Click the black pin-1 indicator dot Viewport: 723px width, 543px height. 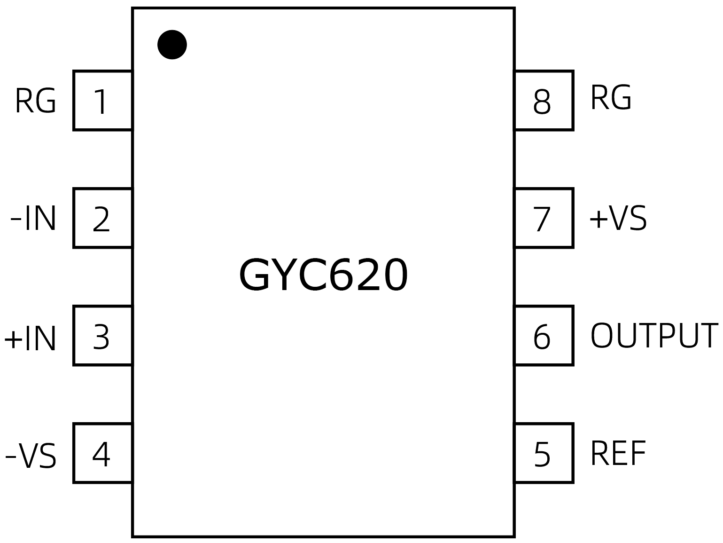point(172,45)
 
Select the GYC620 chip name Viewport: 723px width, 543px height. point(323,276)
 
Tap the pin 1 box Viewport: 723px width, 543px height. point(102,101)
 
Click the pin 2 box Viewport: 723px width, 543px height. point(102,218)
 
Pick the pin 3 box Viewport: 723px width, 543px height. point(102,336)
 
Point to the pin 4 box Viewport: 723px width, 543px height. point(102,453)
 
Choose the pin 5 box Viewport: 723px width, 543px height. point(544,453)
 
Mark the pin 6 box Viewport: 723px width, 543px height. point(544,336)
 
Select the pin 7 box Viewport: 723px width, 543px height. point(544,218)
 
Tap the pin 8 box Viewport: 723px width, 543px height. point(544,101)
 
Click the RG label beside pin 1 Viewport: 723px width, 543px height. point(35,101)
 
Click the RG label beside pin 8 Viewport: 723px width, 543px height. point(610,98)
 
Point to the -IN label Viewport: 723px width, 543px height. point(33,219)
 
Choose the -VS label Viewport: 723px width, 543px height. point(31,456)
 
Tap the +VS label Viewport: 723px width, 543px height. point(618,219)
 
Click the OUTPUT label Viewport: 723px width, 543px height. point(654,336)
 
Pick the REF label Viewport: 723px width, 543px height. point(618,453)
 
